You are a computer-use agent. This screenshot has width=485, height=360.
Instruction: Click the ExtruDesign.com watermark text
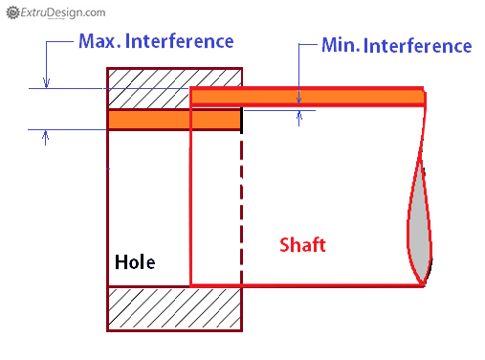[61, 11]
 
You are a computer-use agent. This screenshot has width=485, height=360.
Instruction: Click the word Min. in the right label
[339, 45]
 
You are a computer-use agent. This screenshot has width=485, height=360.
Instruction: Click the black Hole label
[135, 261]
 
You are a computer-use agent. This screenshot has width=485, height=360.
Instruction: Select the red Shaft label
[302, 244]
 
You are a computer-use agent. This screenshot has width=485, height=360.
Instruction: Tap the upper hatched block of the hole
[143, 87]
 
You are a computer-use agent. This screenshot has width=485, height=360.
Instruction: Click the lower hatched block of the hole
[174, 308]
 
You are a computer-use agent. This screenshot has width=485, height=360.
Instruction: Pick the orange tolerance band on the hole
[173, 120]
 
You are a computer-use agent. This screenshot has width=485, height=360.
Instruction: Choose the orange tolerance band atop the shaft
[306, 96]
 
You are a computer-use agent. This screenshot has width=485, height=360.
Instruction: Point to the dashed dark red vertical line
[242, 206]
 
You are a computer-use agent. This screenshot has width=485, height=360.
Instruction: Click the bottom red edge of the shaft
[306, 284]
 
